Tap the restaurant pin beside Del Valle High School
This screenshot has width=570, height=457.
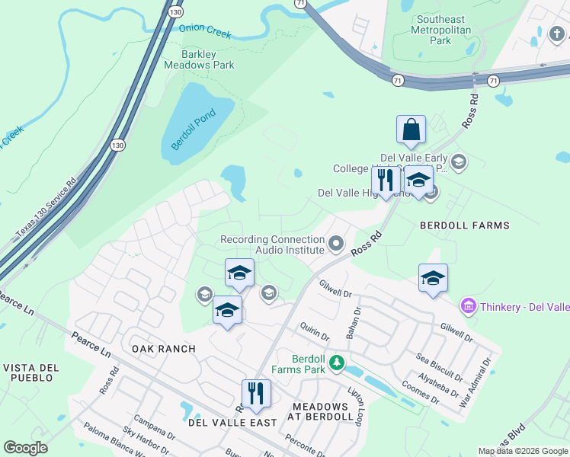tap(386, 181)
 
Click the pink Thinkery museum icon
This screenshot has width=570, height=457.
tap(468, 306)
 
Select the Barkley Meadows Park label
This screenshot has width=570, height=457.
tap(197, 59)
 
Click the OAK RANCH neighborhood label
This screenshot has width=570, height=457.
tap(163, 349)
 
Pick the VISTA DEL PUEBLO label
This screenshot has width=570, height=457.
tap(31, 373)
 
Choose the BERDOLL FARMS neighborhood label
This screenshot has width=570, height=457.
tap(465, 225)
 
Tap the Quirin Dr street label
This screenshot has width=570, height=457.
tap(314, 333)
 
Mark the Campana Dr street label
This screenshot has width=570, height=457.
tap(155, 427)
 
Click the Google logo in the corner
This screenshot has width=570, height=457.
tap(25, 448)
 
